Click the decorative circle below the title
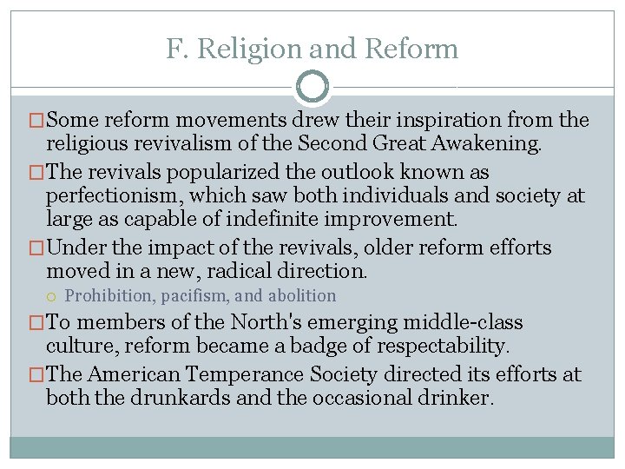tap(312, 87)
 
